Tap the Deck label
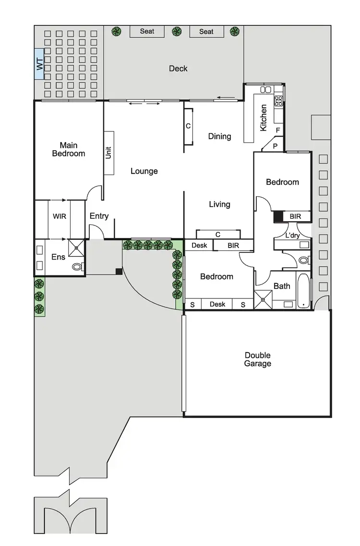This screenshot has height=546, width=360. tap(178, 69)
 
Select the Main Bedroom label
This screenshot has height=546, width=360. tap(69, 149)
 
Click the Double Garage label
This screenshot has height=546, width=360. tap(258, 359)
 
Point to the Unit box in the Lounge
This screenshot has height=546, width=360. tap(108, 153)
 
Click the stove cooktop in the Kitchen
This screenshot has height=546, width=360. tap(278, 101)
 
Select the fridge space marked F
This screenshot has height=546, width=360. tap(278, 130)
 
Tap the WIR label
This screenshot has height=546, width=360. tap(60, 216)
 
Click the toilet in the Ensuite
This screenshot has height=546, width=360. tap(77, 266)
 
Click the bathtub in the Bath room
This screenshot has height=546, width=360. tap(303, 291)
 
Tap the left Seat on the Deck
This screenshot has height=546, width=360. tap(147, 32)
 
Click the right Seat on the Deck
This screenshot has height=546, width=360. tap(206, 32)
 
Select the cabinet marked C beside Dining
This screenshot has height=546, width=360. tap(188, 126)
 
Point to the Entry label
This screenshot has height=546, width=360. tap(99, 216)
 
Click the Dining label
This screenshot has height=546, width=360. tap(219, 136)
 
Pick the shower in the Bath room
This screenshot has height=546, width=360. tap(263, 300)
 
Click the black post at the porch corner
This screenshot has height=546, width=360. tap(119, 272)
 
